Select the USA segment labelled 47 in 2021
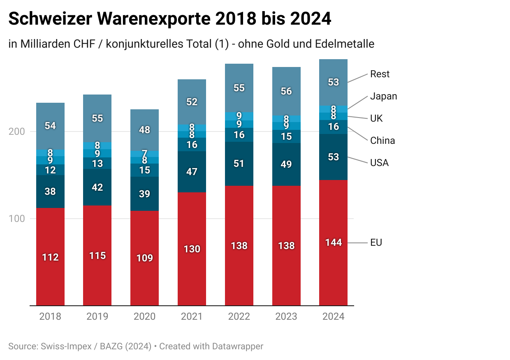point(192,172)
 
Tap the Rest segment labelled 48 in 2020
point(144,130)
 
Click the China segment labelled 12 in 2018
point(50,170)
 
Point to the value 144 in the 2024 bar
point(333,242)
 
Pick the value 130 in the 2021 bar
point(192,249)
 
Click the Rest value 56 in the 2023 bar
point(286,91)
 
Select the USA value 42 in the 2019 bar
point(97,187)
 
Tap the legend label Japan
point(383,96)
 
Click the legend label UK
point(376,118)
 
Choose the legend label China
point(382,141)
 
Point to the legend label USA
point(379,163)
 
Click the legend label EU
point(376,242)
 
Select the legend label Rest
point(380,74)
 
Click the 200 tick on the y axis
point(16,132)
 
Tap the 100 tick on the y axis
point(16,219)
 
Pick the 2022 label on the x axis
point(239,316)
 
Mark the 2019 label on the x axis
point(97,316)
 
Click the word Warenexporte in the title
point(160,19)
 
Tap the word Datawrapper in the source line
point(237,346)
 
